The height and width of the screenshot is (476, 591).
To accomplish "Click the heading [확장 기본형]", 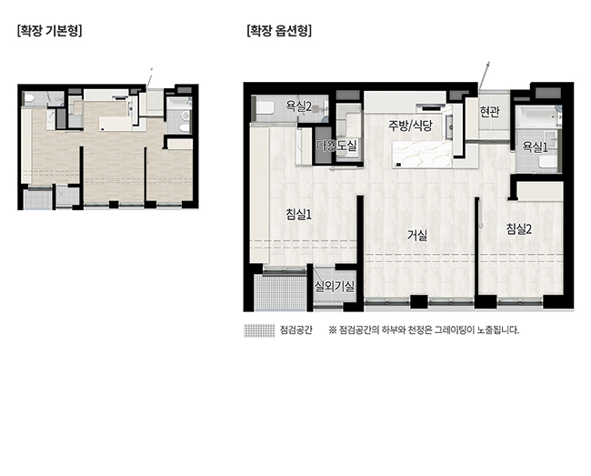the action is (x=49, y=31).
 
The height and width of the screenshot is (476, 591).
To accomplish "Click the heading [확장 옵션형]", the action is (x=279, y=31).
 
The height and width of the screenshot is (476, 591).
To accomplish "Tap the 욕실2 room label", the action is (x=299, y=106).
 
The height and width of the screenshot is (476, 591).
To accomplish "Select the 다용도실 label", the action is (x=336, y=146).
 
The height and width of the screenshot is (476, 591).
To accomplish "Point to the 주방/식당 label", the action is (x=410, y=126).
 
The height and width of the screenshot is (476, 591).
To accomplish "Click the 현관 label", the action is (x=489, y=111).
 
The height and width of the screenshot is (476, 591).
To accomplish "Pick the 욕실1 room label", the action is (x=535, y=147).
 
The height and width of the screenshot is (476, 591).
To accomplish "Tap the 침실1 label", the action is (x=298, y=215).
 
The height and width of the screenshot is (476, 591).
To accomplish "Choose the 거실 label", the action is (x=417, y=236).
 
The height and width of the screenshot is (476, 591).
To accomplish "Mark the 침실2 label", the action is (x=519, y=228).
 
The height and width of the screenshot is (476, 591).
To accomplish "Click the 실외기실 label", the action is (x=335, y=287).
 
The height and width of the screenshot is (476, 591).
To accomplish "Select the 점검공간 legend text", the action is (x=295, y=330).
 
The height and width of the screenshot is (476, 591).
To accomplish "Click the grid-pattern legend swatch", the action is (x=259, y=330).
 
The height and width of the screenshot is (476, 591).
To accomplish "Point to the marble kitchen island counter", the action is (x=422, y=155).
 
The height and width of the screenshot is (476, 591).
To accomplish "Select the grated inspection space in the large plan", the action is (x=280, y=292).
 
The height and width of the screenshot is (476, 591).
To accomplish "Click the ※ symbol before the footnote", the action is (x=332, y=330).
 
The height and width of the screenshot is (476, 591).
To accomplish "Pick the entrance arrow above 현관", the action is (x=485, y=75).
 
